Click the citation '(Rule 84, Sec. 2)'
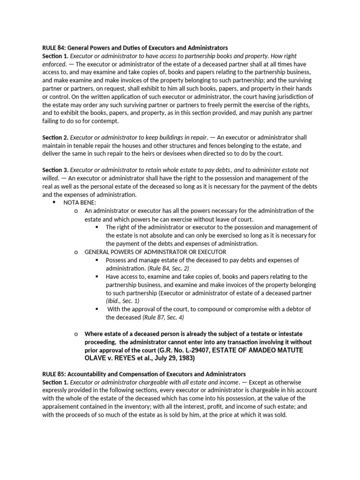170,268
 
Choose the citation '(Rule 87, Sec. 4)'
163,317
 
